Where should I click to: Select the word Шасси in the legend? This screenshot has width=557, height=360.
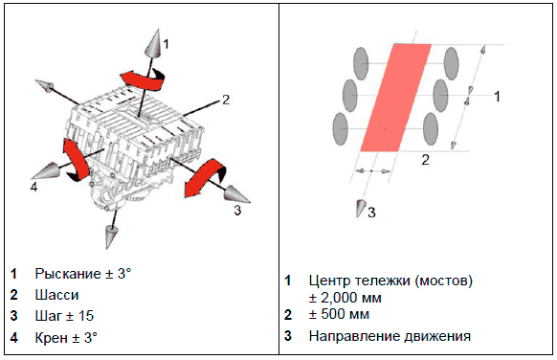click(56, 295)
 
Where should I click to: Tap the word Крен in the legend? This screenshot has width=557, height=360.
click(50, 338)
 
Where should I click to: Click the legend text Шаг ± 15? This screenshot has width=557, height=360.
click(64, 316)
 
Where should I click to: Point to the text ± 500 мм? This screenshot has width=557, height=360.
click(339, 314)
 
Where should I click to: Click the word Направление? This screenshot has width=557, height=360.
click(350, 336)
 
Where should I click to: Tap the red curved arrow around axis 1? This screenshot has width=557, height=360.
click(143, 79)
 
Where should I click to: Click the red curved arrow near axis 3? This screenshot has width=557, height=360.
click(204, 179)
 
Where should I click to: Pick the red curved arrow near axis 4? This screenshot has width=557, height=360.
click(76, 159)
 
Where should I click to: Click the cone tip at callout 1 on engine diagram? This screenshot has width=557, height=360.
click(155, 31)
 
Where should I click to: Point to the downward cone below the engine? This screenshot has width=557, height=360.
click(111, 236)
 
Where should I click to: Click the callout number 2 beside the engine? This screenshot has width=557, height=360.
click(226, 100)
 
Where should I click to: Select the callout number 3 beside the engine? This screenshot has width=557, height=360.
click(237, 211)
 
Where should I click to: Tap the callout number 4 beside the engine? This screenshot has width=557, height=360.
click(33, 187)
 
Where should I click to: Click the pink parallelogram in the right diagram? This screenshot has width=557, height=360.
click(395, 98)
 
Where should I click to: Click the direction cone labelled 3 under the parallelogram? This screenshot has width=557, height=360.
click(361, 209)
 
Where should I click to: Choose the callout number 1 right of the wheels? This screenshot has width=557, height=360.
click(498, 96)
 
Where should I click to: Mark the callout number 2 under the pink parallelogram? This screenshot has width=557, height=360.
click(425, 160)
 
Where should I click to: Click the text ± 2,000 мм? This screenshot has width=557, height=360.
click(345, 298)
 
